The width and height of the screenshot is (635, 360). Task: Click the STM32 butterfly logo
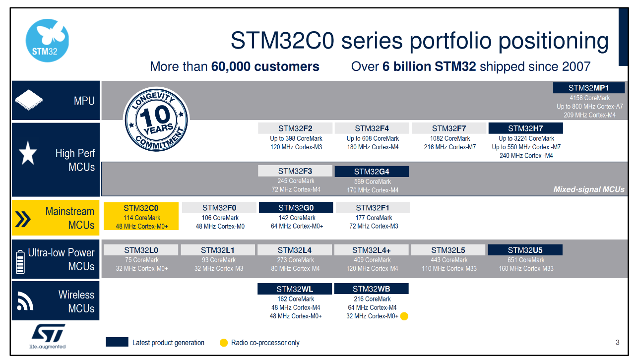47,41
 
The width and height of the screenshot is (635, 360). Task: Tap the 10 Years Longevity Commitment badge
156,120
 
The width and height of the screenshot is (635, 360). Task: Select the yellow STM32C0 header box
141,208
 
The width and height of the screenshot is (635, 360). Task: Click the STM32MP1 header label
588,88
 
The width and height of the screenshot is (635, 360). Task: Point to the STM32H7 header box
525,128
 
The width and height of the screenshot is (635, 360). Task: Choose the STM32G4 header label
372,172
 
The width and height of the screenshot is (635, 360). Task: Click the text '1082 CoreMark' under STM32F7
450,138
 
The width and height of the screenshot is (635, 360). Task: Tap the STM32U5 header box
525,250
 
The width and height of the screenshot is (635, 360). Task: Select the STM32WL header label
295,289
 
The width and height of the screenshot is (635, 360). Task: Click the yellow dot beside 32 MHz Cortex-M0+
404,316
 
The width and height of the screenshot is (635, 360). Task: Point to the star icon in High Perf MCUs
28,155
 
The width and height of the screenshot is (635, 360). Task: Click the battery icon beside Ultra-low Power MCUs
20,262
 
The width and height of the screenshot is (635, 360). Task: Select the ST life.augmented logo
48,336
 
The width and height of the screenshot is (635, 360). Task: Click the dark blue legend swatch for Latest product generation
117,342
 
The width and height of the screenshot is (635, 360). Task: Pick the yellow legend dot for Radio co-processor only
224,343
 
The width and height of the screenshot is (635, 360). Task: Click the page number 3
617,342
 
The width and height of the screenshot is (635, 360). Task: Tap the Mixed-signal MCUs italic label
588,189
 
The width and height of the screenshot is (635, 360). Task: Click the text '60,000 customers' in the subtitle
265,66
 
